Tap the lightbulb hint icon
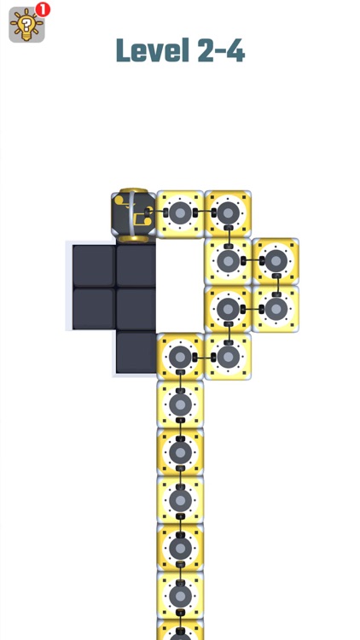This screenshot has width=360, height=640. coord(26,26)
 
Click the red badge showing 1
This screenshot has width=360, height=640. coord(43,9)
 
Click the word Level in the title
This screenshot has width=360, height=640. coord(151,51)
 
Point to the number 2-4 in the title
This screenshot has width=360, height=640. coord(220,51)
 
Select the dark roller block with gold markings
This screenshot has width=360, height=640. coord(134,214)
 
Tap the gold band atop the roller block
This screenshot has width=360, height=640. coord(134,191)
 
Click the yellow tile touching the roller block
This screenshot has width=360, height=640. coord(180,213)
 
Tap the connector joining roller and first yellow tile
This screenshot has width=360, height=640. coord(157,213)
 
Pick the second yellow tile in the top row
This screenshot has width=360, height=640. coord(228,213)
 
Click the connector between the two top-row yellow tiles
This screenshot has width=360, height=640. coord(204,213)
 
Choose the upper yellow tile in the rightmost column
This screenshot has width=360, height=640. coord(276,261)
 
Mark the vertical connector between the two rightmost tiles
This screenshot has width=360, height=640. coord(276,285)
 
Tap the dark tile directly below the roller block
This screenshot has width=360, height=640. coord(136,265)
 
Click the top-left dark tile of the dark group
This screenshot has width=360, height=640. coord(93,265)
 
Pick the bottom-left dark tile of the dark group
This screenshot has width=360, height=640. coord(93,309)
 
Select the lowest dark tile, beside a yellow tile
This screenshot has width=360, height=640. coord(136,352)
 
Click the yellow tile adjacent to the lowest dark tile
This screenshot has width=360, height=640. coord(180,357)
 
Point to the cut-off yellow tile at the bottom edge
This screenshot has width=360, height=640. coord(180,632)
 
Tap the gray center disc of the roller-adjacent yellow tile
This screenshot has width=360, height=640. coord(180,213)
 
